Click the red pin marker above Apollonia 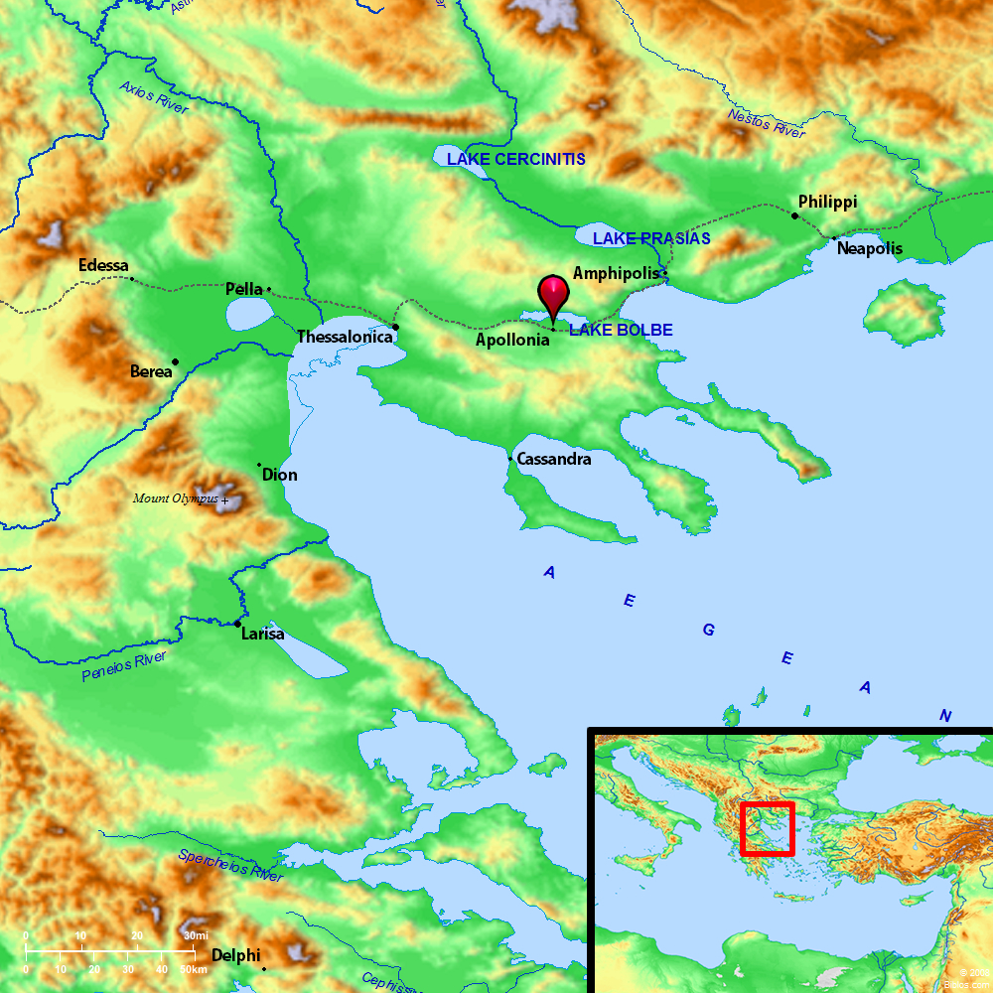tap(553, 294)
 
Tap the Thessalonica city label tap(352, 338)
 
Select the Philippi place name tap(827, 202)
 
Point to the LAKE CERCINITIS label tap(515, 159)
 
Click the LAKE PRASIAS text tap(651, 238)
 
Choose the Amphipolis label tap(616, 272)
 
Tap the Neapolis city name tap(869, 248)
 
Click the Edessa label tap(103, 266)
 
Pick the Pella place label tap(244, 289)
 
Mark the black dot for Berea tap(176, 361)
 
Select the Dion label tap(279, 475)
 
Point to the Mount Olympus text tap(176, 498)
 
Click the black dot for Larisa tap(237, 624)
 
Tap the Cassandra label tap(554, 460)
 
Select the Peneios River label tap(124, 666)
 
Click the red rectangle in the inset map tap(767, 828)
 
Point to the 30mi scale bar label tap(196, 936)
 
